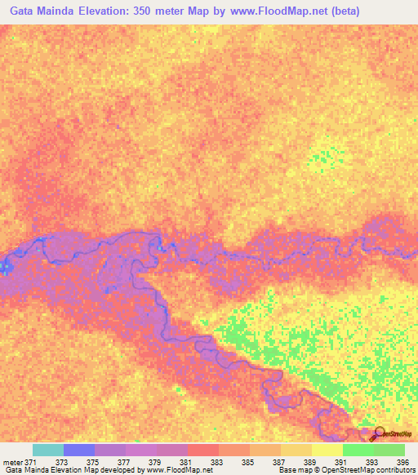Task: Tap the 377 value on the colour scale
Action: pyautogui.click(x=123, y=461)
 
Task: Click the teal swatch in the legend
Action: pyautogui.click(x=48, y=450)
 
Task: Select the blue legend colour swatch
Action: pyautogui.click(x=79, y=450)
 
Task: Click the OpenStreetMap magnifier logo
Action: pyautogui.click(x=380, y=433)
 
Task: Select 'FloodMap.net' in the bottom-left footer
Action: pyautogui.click(x=180, y=471)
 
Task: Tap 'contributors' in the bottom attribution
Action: pyautogui.click(x=391, y=471)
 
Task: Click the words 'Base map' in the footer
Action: pyautogui.click(x=292, y=471)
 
